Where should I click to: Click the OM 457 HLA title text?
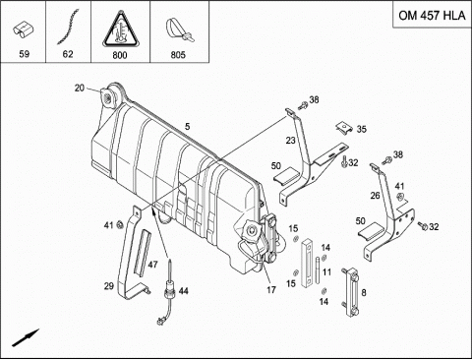tap(432, 16)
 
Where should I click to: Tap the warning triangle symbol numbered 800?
tap(120, 30)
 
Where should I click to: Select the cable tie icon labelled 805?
tap(180, 30)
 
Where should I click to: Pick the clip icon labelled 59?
tap(24, 30)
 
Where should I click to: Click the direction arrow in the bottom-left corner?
tap(26, 337)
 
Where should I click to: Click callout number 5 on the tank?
tap(187, 126)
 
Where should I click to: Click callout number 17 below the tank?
tap(271, 290)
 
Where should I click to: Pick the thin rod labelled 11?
tap(318, 270)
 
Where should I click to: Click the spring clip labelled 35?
tap(344, 128)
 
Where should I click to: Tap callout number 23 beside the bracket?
tap(291, 141)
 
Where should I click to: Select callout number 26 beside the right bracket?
tap(375, 196)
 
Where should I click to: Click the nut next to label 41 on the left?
tap(120, 224)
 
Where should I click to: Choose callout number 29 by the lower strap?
tap(109, 286)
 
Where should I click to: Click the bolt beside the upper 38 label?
tap(303, 105)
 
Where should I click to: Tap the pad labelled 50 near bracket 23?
tap(287, 175)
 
